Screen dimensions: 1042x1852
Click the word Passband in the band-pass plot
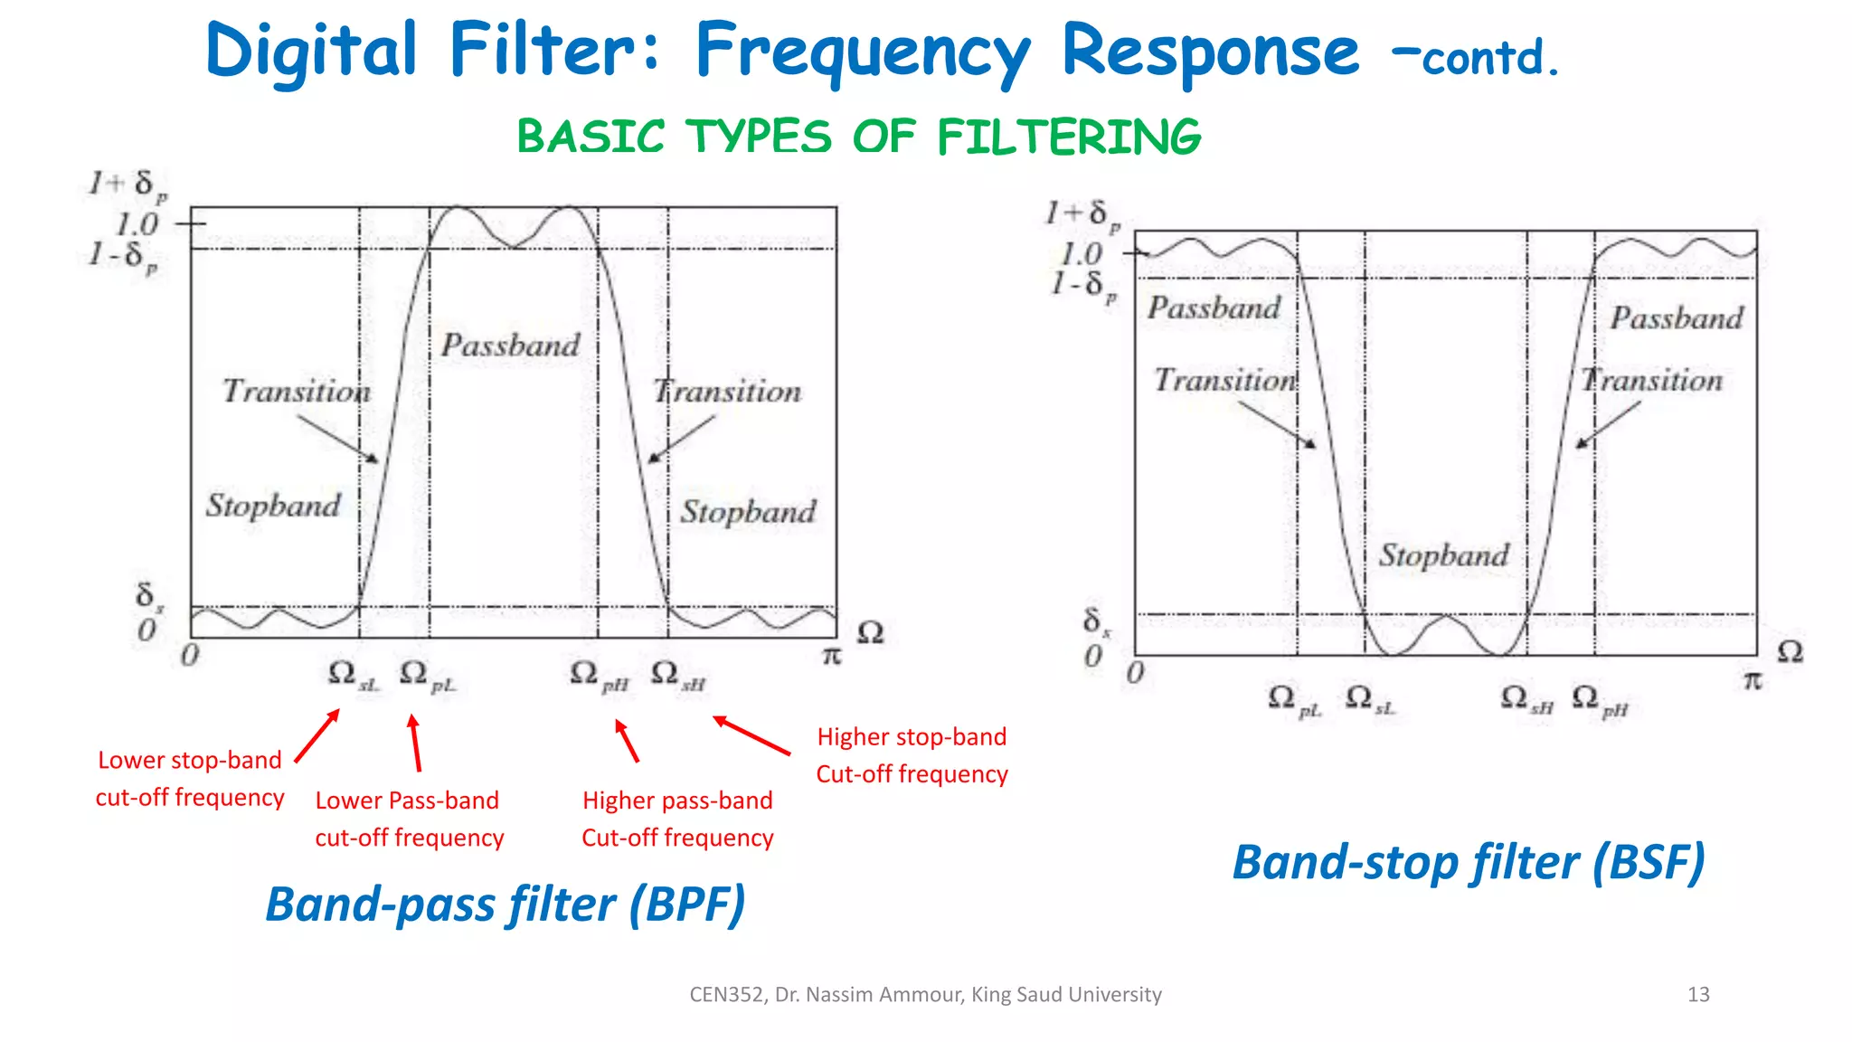(510, 346)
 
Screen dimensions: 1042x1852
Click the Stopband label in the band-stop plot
(1443, 555)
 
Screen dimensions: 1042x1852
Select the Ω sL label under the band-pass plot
(352, 676)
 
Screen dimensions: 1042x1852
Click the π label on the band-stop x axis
(1753, 680)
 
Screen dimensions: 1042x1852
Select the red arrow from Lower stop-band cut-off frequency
(317, 735)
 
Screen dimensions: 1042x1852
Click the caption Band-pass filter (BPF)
(505, 905)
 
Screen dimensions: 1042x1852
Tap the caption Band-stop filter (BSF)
(1468, 862)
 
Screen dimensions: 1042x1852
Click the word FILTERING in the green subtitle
(1069, 137)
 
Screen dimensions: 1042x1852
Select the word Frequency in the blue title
(863, 52)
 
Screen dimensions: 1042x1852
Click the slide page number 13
(1698, 995)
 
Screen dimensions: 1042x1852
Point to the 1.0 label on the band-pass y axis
(137, 224)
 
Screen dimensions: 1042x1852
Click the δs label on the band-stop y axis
(1096, 621)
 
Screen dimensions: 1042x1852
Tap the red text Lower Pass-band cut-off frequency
(409, 819)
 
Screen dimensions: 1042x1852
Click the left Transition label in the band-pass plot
(296, 392)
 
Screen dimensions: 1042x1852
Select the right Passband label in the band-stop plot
(1676, 318)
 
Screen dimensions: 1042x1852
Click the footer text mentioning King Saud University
(925, 995)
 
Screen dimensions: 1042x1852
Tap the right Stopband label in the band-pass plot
(748, 512)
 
